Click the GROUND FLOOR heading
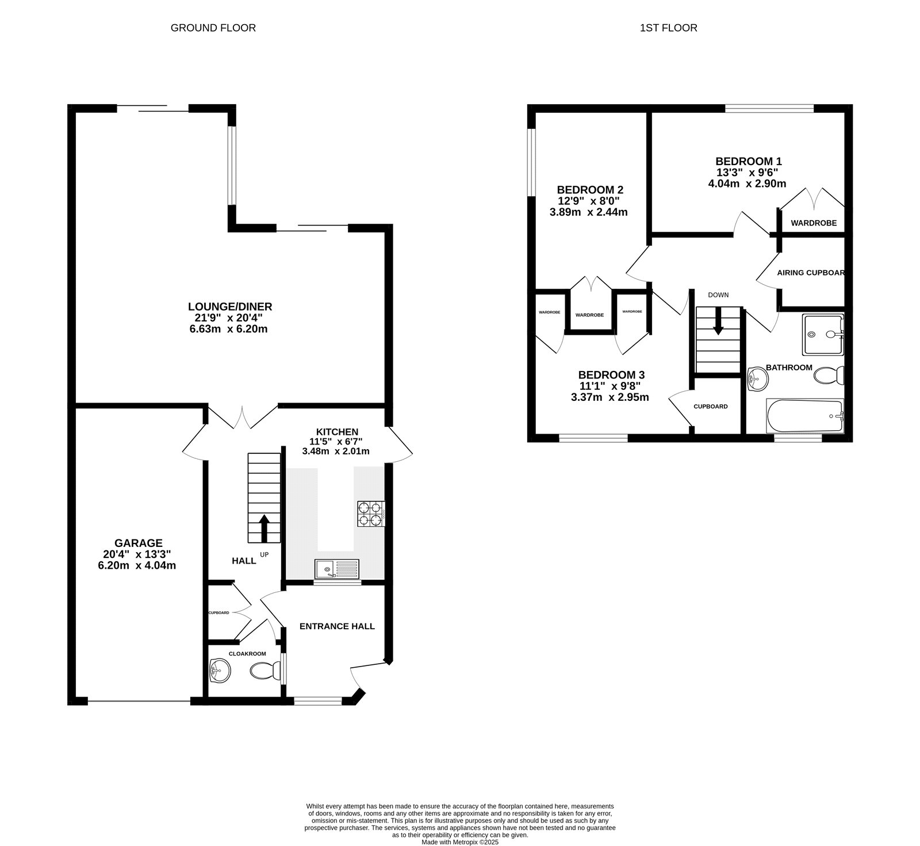[x=213, y=28]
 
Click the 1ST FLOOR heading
[x=668, y=28]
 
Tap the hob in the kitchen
[x=371, y=514]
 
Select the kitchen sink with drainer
[x=336, y=569]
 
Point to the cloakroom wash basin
[x=219, y=671]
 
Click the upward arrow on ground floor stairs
[x=264, y=528]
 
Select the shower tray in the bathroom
[x=823, y=334]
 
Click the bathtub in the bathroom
[x=805, y=416]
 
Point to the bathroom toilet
[x=829, y=377]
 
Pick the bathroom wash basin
[x=757, y=379]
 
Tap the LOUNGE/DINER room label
[x=229, y=307]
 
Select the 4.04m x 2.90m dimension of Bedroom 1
[x=747, y=184]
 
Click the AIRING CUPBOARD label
[x=811, y=273]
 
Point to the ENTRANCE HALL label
[x=337, y=626]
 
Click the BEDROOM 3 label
[x=611, y=374]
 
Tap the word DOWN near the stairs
[x=718, y=295]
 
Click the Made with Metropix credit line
[x=459, y=842]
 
